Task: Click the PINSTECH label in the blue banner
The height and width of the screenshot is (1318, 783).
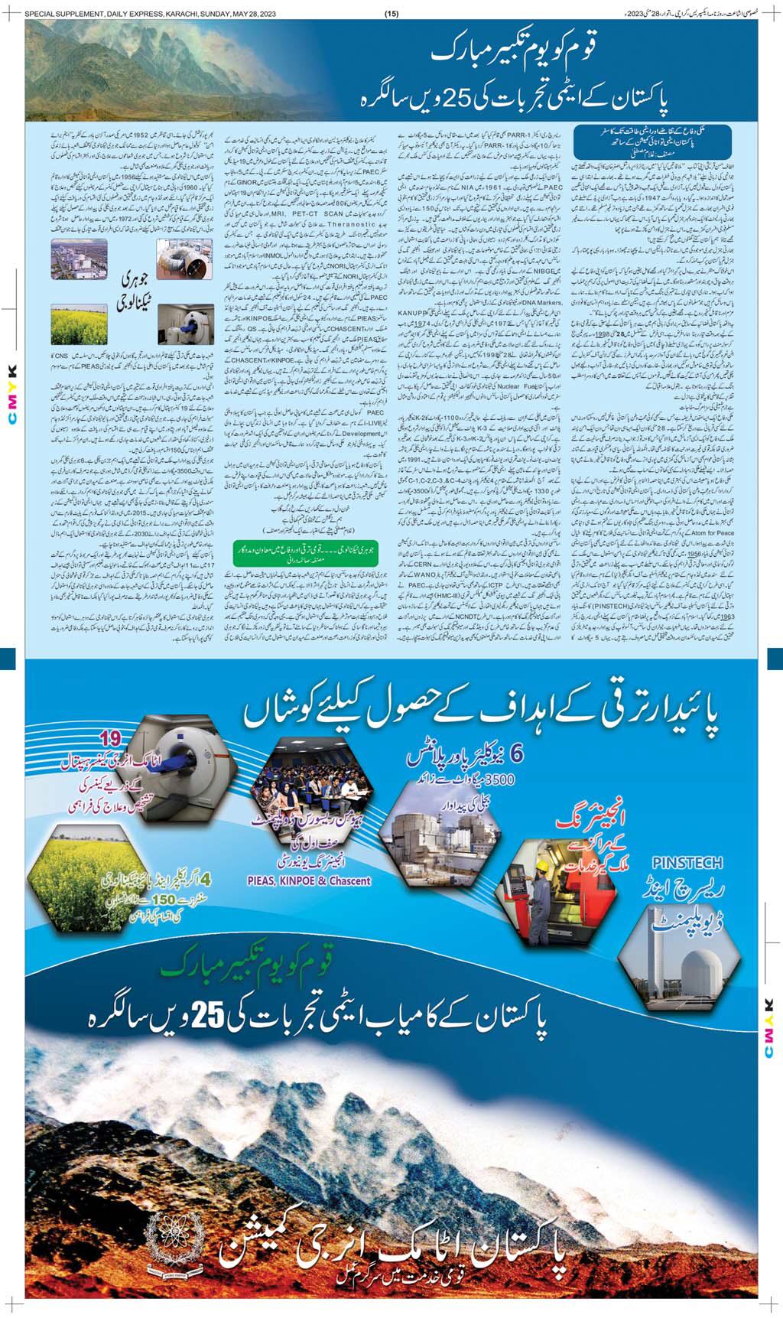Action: click(687, 863)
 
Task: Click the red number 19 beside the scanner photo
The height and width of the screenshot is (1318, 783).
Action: click(112, 738)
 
